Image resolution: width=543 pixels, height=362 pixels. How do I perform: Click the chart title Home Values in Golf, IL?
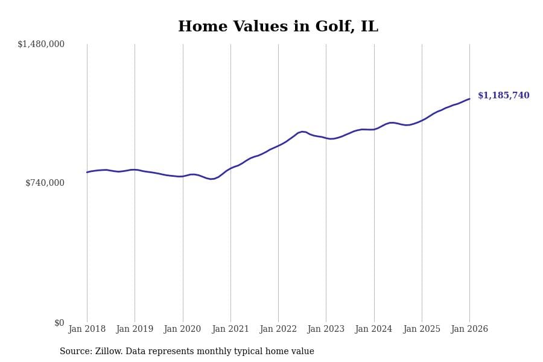[x=278, y=27]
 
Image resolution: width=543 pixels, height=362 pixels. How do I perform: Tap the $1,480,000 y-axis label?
[x=41, y=44]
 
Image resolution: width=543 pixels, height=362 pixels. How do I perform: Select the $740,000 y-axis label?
[x=45, y=183]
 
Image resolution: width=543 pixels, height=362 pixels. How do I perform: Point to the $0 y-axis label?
[x=59, y=323]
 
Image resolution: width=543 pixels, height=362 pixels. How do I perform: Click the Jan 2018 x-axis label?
[x=87, y=329]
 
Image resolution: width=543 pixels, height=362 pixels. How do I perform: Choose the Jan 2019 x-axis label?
[x=135, y=329]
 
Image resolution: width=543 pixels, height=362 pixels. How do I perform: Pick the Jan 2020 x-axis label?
[x=182, y=329]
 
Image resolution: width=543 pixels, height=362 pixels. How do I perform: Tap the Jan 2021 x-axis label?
[x=230, y=329]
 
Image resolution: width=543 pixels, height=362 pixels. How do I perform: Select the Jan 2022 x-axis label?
[x=278, y=329]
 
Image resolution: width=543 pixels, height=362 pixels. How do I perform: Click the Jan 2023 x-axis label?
[x=326, y=329]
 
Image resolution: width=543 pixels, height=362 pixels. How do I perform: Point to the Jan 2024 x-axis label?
[x=373, y=329]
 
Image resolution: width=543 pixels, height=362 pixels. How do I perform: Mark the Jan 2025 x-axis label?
[x=422, y=329]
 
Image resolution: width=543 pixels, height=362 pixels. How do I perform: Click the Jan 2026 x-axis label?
[x=469, y=329]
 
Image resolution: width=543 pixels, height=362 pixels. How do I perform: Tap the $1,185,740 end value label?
[x=503, y=96]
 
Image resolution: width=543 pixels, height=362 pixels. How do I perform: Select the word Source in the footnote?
[x=75, y=352]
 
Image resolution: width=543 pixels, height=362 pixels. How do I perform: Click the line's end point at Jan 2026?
[x=469, y=99]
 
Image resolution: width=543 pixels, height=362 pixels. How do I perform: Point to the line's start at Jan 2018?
[x=87, y=173]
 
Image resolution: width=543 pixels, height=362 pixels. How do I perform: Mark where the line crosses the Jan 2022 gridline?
[x=278, y=145]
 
